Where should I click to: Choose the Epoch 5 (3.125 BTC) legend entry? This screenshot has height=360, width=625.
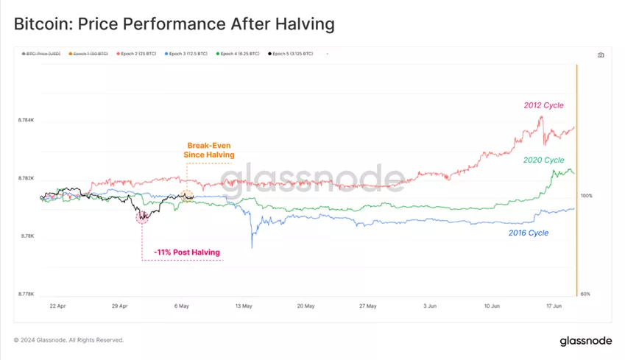pos(292,54)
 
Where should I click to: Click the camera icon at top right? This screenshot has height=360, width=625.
pos(601,54)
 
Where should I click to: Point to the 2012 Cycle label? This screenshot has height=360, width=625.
pos(543,105)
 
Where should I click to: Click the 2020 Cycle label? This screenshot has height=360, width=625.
pos(543,160)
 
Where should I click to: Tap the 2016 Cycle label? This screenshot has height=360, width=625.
pos(529,233)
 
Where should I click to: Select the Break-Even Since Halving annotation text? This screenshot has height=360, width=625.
pos(209,150)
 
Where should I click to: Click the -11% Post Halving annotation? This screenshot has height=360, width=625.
pos(187,253)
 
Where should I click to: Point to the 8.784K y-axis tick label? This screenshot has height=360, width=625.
pos(26,120)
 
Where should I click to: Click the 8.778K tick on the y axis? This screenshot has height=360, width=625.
pos(26,294)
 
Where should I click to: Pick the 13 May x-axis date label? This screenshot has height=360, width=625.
pos(244,306)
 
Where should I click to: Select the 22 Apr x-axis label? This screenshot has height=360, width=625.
pos(58,306)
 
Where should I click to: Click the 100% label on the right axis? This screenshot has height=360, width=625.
pos(587,196)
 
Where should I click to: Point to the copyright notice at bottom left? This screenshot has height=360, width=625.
pos(69,340)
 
